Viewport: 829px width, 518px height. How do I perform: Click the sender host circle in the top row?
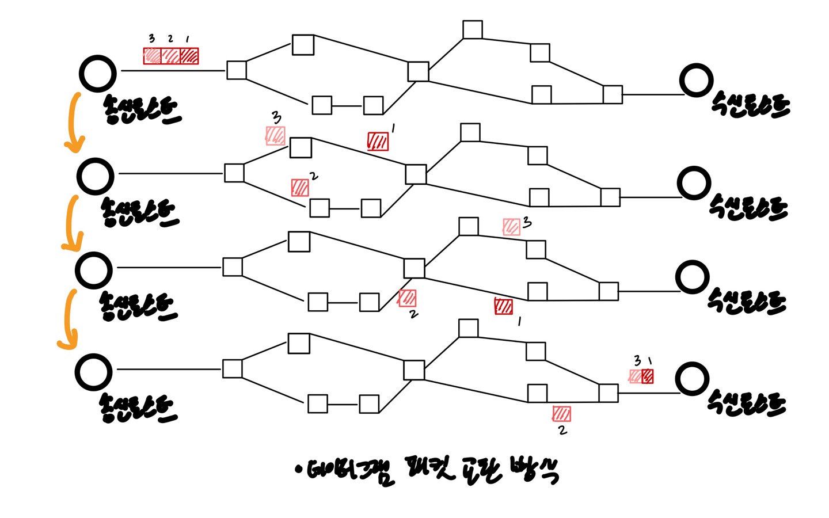point(98,74)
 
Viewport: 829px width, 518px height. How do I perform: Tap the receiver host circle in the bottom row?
point(692,380)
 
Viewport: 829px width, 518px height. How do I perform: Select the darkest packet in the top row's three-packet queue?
point(189,56)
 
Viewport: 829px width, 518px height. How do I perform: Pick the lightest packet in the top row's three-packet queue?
point(153,56)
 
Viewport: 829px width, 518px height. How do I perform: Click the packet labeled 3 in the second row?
point(275,136)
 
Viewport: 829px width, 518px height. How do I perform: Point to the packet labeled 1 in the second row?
point(378,141)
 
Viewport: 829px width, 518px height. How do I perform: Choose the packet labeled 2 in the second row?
point(300,188)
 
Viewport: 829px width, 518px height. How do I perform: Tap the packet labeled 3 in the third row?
point(511,227)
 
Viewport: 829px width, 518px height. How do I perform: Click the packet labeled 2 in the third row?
point(407,298)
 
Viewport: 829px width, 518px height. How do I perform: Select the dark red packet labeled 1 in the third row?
point(503,306)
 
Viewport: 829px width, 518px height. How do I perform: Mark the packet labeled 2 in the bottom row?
point(561,414)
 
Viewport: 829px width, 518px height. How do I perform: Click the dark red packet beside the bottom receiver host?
point(647,376)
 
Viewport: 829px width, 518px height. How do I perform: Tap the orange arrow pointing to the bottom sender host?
point(68,319)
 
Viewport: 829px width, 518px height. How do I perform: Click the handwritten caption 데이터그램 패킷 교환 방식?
point(426,471)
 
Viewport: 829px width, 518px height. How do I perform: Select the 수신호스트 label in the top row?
point(750,105)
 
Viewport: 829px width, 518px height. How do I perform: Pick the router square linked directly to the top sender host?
point(237,70)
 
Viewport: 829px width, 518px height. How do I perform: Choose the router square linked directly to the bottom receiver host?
point(608,393)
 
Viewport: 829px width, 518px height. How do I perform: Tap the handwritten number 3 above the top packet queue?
point(151,39)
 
